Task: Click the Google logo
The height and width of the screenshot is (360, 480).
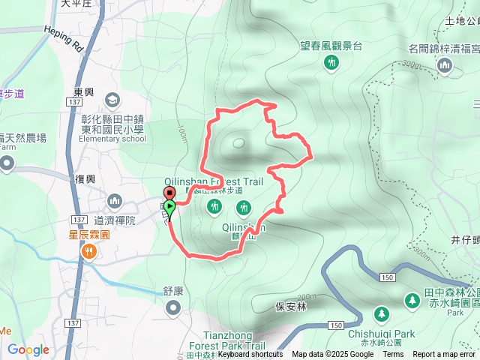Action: (28, 349)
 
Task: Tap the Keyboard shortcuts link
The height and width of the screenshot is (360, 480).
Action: (250, 355)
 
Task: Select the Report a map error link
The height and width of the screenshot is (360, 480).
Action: (445, 355)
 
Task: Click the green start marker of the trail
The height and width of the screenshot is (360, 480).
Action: (170, 206)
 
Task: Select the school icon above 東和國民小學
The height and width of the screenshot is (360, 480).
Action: (112, 100)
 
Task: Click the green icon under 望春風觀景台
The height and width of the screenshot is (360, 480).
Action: (331, 64)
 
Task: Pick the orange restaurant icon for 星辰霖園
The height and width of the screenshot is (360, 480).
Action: (89, 252)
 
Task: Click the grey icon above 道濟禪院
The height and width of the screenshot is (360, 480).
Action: (115, 201)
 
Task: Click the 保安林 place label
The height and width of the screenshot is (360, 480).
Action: (289, 306)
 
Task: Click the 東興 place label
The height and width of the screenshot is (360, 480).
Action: (84, 91)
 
